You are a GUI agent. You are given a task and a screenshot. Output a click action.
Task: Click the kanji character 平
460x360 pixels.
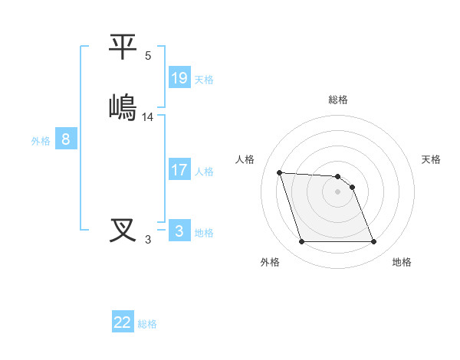123,47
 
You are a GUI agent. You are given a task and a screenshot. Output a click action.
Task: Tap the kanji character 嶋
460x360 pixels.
123,106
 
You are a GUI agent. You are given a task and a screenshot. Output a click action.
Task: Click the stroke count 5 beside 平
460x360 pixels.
148,56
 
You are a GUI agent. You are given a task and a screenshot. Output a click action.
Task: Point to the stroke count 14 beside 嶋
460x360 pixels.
148,117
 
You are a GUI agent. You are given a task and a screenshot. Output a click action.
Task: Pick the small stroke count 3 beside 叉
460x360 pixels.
148,240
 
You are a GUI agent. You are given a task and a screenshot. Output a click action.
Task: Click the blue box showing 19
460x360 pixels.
179,78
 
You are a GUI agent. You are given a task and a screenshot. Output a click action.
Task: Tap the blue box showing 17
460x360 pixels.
179,170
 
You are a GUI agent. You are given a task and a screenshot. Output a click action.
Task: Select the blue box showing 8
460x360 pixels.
66,139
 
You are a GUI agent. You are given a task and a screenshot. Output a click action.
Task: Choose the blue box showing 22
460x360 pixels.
123,322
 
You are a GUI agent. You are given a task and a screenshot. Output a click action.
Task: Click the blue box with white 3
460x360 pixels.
179,231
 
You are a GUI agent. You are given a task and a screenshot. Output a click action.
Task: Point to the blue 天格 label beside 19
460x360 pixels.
204,80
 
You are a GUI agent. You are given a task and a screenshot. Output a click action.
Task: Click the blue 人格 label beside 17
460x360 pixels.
204,172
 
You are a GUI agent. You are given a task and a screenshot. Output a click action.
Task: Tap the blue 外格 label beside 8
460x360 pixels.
41,141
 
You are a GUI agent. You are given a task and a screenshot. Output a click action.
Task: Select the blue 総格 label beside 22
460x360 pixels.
147,324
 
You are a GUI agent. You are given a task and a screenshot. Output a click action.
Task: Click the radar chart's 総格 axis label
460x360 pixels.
338,100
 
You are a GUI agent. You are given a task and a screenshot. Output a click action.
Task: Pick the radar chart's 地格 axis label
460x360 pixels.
402,262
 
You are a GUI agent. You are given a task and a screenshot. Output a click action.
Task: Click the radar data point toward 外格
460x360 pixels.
302,242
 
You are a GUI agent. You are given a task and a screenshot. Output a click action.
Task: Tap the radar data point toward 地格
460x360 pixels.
373,242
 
